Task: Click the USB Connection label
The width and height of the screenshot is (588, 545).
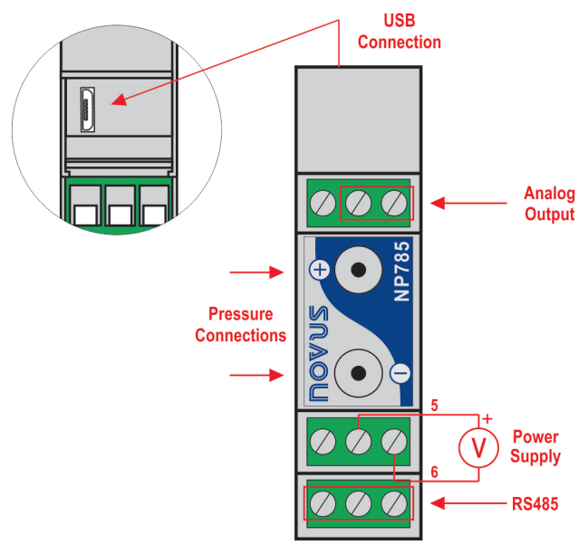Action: point(399,31)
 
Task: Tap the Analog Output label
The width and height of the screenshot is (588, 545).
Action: point(549,204)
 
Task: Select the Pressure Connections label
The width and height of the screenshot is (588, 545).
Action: point(241,325)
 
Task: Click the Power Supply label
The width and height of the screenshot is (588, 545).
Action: point(535,445)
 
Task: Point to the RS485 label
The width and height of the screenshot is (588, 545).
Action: point(533,503)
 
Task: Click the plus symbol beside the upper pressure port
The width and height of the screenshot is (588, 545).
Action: point(319,269)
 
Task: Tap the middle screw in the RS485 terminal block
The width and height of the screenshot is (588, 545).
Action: point(358,502)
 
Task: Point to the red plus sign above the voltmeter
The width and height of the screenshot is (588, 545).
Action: point(487,419)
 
